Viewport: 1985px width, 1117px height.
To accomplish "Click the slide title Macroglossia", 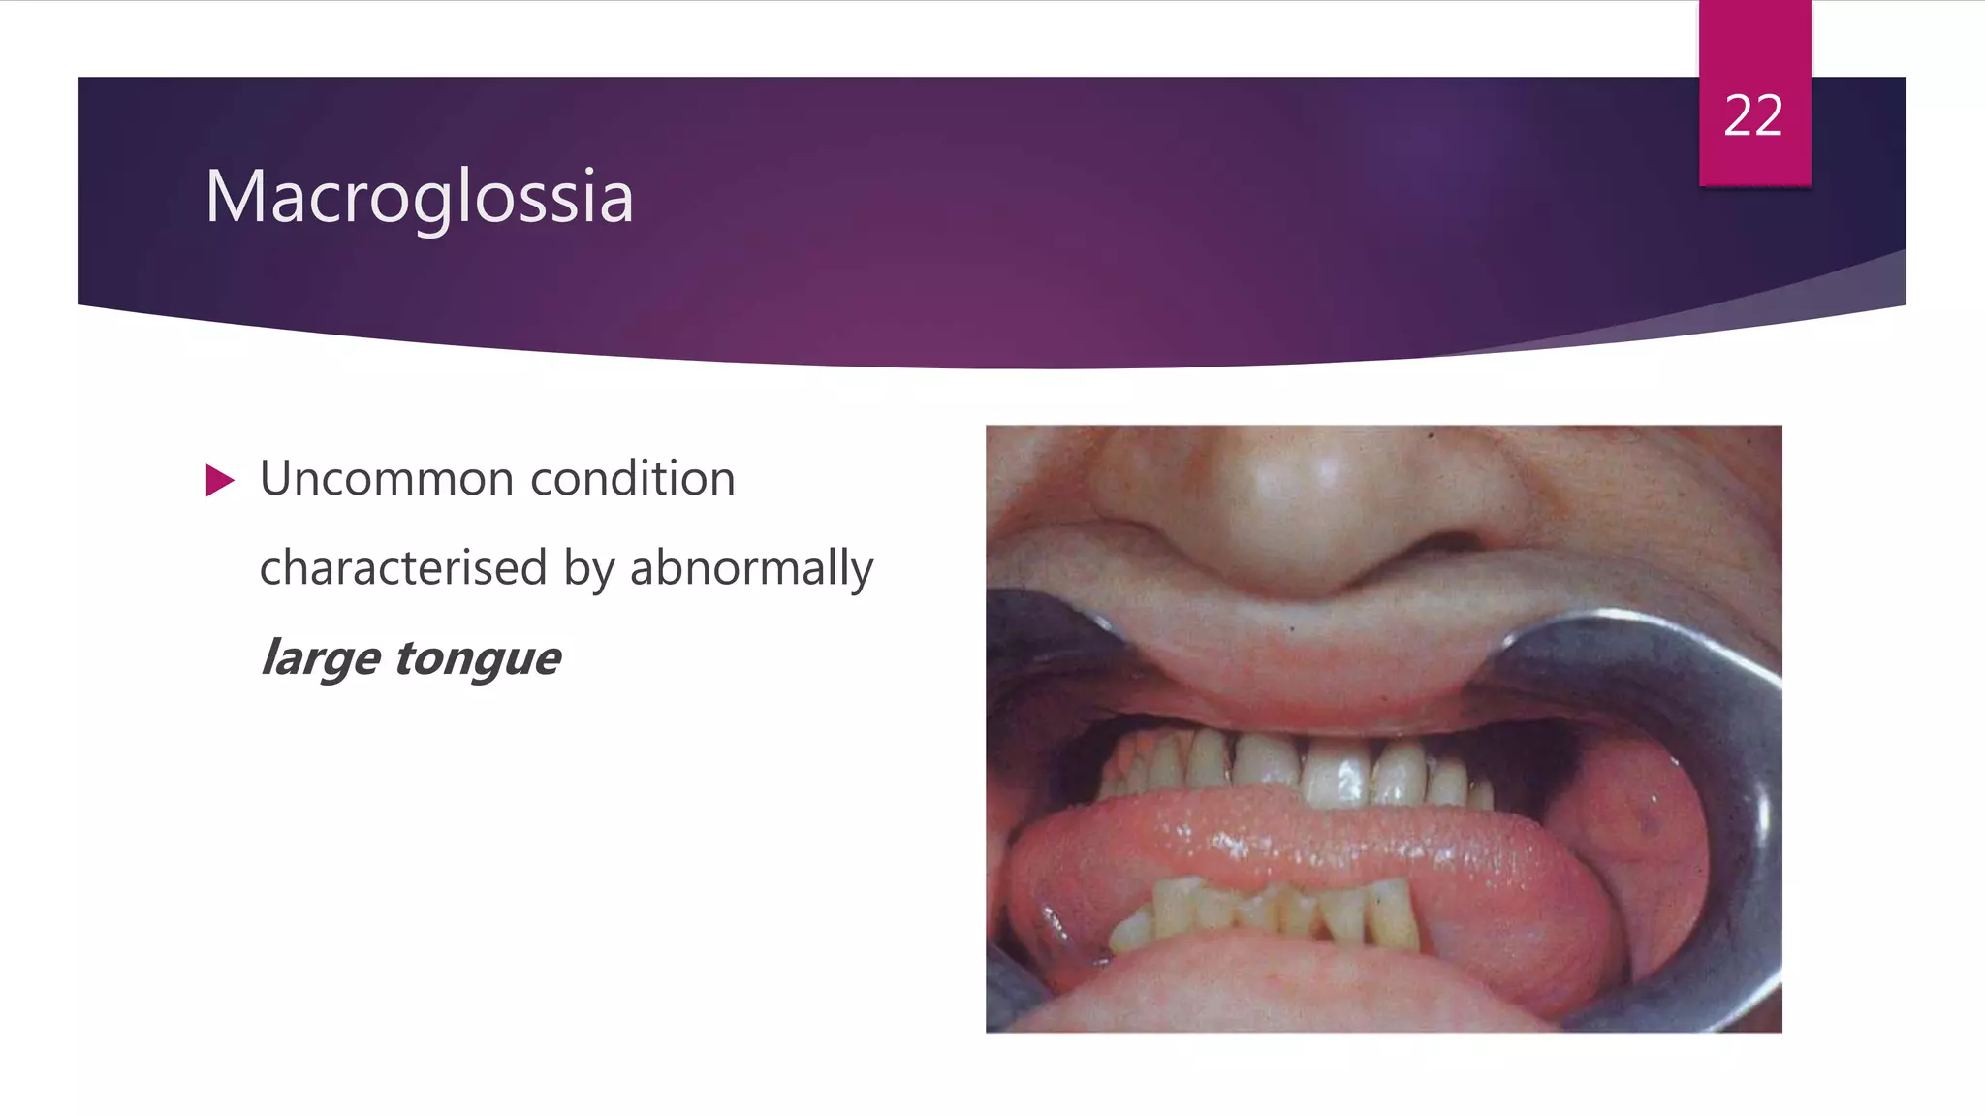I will pyautogui.click(x=419, y=197).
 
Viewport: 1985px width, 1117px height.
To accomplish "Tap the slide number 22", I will pyautogui.click(x=1753, y=116).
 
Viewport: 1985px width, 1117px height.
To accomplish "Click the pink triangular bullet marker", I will pyautogui.click(x=220, y=480).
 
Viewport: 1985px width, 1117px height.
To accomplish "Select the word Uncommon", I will pyautogui.click(x=387, y=479).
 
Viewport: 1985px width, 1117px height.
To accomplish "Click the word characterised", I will pyautogui.click(x=403, y=567).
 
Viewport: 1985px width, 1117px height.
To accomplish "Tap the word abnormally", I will pyautogui.click(x=751, y=569).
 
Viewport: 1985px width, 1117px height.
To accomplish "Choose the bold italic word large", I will pyautogui.click(x=321, y=659).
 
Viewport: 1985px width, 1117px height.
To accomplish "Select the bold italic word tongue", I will pyautogui.click(x=477, y=659).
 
